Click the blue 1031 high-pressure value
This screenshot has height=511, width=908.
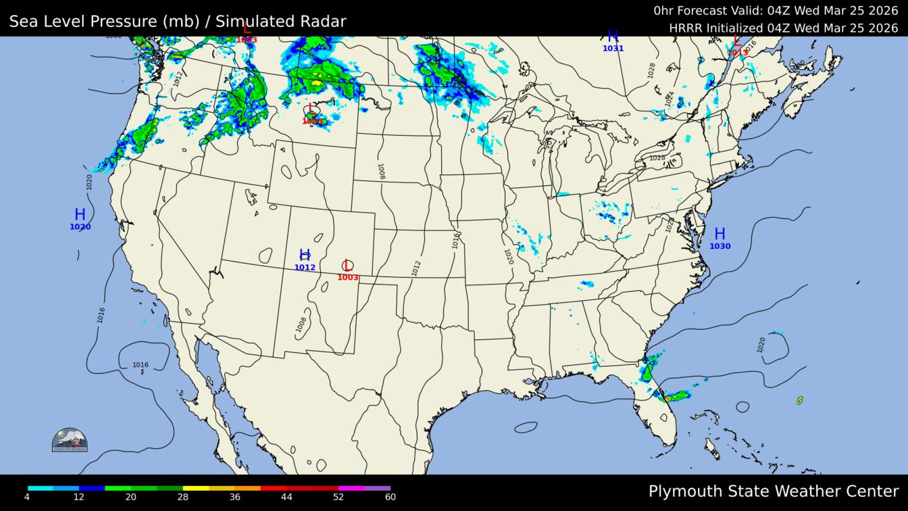click(613, 49)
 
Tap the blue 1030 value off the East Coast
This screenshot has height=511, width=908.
click(720, 247)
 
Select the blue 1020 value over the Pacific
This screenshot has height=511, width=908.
click(80, 227)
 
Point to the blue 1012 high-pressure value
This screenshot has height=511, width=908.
click(305, 268)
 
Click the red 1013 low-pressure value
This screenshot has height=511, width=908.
click(737, 53)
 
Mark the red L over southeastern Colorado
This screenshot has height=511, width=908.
click(348, 266)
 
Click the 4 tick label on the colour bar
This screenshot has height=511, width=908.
click(27, 497)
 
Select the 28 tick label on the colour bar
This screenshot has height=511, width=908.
click(183, 497)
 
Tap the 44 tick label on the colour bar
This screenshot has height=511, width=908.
click(286, 497)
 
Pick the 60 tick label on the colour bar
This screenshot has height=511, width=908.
click(390, 497)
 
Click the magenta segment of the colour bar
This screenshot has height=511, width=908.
click(351, 488)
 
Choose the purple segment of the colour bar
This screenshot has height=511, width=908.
click(378, 488)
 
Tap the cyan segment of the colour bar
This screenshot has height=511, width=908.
click(41, 488)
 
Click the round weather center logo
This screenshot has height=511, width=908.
click(70, 440)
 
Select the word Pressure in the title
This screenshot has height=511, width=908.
click(126, 22)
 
